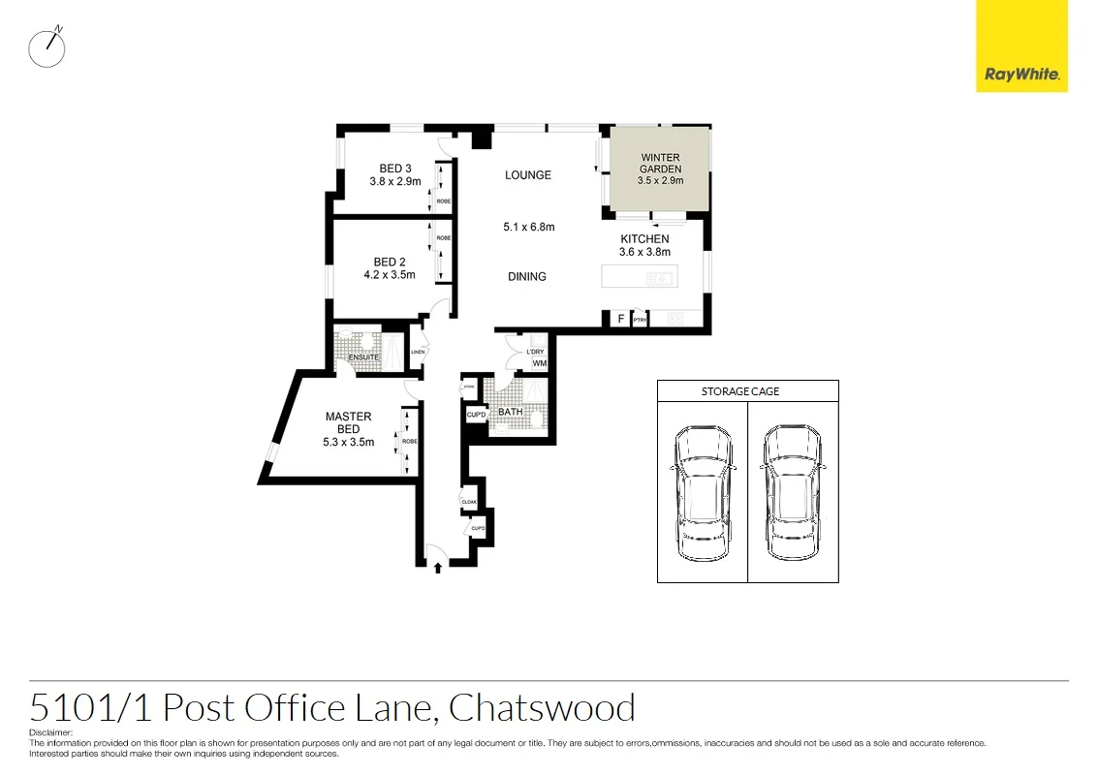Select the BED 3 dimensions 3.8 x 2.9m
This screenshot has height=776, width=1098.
tap(394, 181)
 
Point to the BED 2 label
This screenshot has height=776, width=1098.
tap(390, 262)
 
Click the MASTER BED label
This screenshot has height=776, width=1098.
tap(348, 422)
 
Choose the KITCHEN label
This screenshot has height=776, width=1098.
tap(644, 239)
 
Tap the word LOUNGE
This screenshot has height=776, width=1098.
tap(528, 175)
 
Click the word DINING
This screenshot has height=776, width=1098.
tap(527, 277)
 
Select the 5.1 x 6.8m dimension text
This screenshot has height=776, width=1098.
tap(528, 228)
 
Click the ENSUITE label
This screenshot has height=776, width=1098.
tap(364, 357)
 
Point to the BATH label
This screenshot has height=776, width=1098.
tap(510, 412)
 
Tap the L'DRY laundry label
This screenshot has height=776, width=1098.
tap(536, 352)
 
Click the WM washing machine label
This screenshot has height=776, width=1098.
tap(539, 363)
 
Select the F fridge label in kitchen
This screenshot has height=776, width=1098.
tap(620, 318)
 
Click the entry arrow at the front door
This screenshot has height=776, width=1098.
tap(438, 567)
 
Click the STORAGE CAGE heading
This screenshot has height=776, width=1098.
tap(740, 391)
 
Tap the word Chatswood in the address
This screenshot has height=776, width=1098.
tap(542, 708)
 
